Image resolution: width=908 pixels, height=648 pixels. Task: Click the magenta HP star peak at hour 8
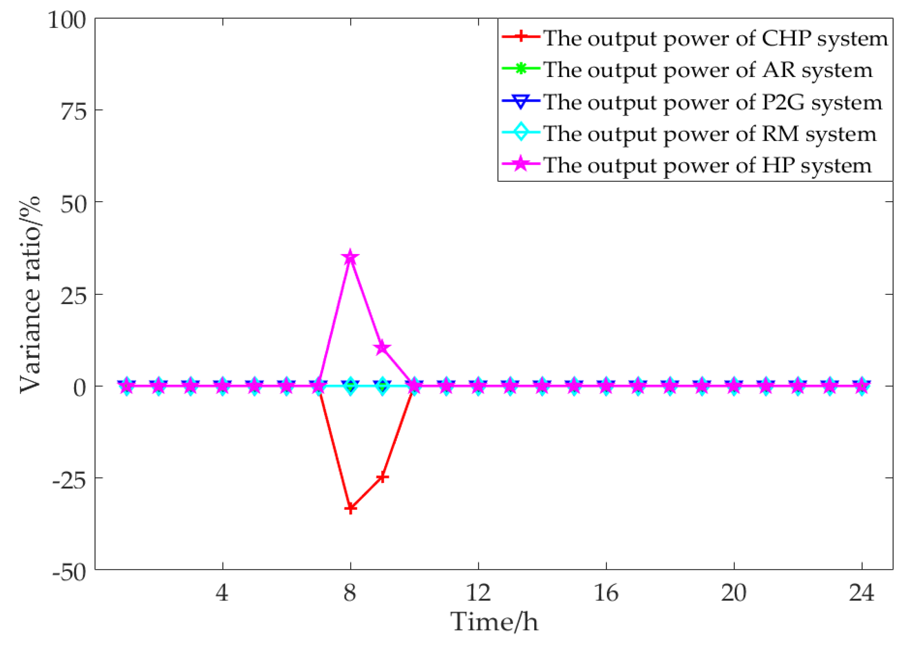[350, 258]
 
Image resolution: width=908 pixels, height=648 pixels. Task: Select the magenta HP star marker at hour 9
[382, 347]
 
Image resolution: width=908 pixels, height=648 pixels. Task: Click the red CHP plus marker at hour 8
[350, 508]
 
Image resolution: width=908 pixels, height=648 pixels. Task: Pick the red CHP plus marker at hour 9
[382, 477]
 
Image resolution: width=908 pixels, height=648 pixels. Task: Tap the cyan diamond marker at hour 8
[350, 386]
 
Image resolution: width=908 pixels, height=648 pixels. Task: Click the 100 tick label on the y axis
[67, 20]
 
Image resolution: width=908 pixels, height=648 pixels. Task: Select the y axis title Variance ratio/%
[30, 294]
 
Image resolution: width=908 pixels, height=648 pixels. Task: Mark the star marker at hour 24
[862, 386]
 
